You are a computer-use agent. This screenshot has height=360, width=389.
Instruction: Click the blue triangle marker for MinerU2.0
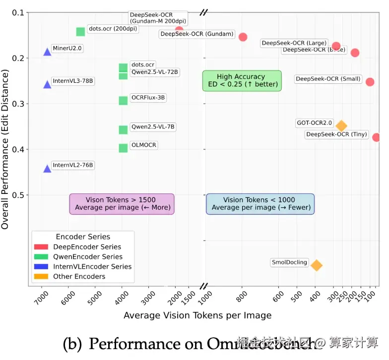click(x=47, y=52)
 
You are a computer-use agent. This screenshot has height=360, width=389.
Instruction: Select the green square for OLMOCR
click(x=123, y=148)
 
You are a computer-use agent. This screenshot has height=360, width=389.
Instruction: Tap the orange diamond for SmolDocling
click(x=316, y=265)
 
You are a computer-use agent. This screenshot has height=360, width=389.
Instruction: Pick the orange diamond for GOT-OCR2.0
click(x=341, y=126)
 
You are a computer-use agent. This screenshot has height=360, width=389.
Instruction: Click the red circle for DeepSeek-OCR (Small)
click(x=370, y=82)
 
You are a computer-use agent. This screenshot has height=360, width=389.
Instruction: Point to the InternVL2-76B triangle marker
click(x=47, y=169)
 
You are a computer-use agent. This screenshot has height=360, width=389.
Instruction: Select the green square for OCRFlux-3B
click(x=123, y=101)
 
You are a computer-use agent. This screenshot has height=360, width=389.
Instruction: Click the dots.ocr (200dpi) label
click(x=113, y=29)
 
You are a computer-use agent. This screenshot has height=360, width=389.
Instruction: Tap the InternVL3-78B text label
click(x=72, y=81)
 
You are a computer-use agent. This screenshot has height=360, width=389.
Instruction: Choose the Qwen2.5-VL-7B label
click(x=153, y=127)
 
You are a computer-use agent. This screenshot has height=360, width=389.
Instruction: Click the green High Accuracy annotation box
click(x=242, y=80)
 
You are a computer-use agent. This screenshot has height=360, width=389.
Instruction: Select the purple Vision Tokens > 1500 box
click(x=122, y=204)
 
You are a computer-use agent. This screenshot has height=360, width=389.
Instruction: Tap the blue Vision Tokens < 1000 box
click(x=260, y=204)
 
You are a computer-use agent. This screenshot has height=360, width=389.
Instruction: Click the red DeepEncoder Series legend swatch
click(x=41, y=247)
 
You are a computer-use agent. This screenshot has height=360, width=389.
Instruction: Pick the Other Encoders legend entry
click(x=79, y=277)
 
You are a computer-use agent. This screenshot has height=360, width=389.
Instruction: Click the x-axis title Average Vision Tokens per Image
click(x=197, y=316)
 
